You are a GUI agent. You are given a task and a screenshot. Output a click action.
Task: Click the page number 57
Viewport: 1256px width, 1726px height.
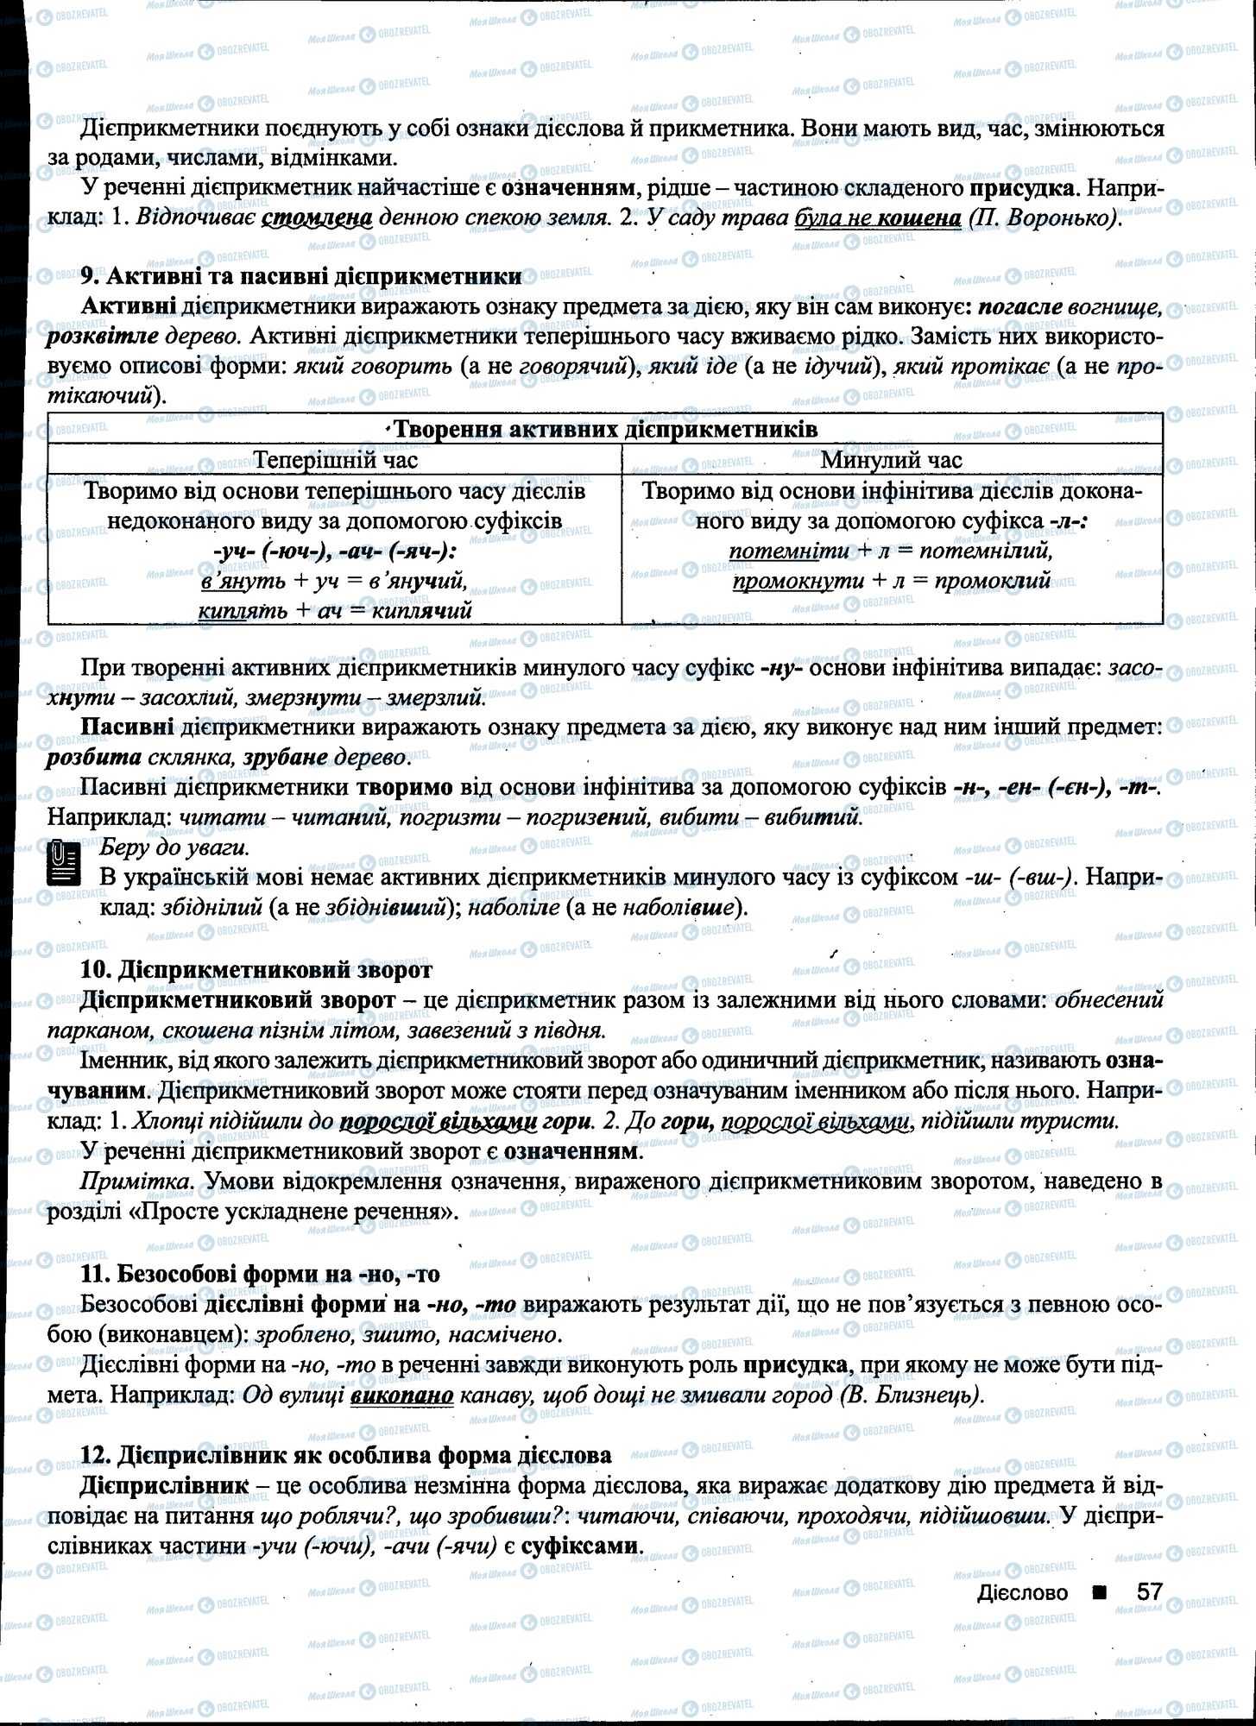[x=1149, y=1591]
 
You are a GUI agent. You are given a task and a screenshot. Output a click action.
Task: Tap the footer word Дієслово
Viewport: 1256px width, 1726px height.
[x=1022, y=1593]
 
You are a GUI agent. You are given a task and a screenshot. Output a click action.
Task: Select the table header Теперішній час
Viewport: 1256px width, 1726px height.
[x=336, y=460]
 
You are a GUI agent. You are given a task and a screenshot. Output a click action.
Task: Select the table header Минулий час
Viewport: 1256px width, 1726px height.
[x=891, y=460]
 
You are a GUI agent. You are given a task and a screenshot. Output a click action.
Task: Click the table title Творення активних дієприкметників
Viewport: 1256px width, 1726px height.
[x=604, y=430]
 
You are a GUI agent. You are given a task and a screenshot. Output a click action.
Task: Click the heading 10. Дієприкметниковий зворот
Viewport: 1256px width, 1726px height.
[x=256, y=970]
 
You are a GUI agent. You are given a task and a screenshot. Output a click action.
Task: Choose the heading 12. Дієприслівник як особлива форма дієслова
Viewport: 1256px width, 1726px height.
[x=345, y=1455]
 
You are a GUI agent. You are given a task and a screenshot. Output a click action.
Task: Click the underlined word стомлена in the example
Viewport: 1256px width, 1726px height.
[x=316, y=217]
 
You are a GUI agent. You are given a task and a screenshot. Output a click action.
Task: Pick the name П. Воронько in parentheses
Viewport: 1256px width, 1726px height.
[x=1045, y=217]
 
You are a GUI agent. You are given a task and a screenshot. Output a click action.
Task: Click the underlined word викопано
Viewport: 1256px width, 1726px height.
[x=402, y=1395]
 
